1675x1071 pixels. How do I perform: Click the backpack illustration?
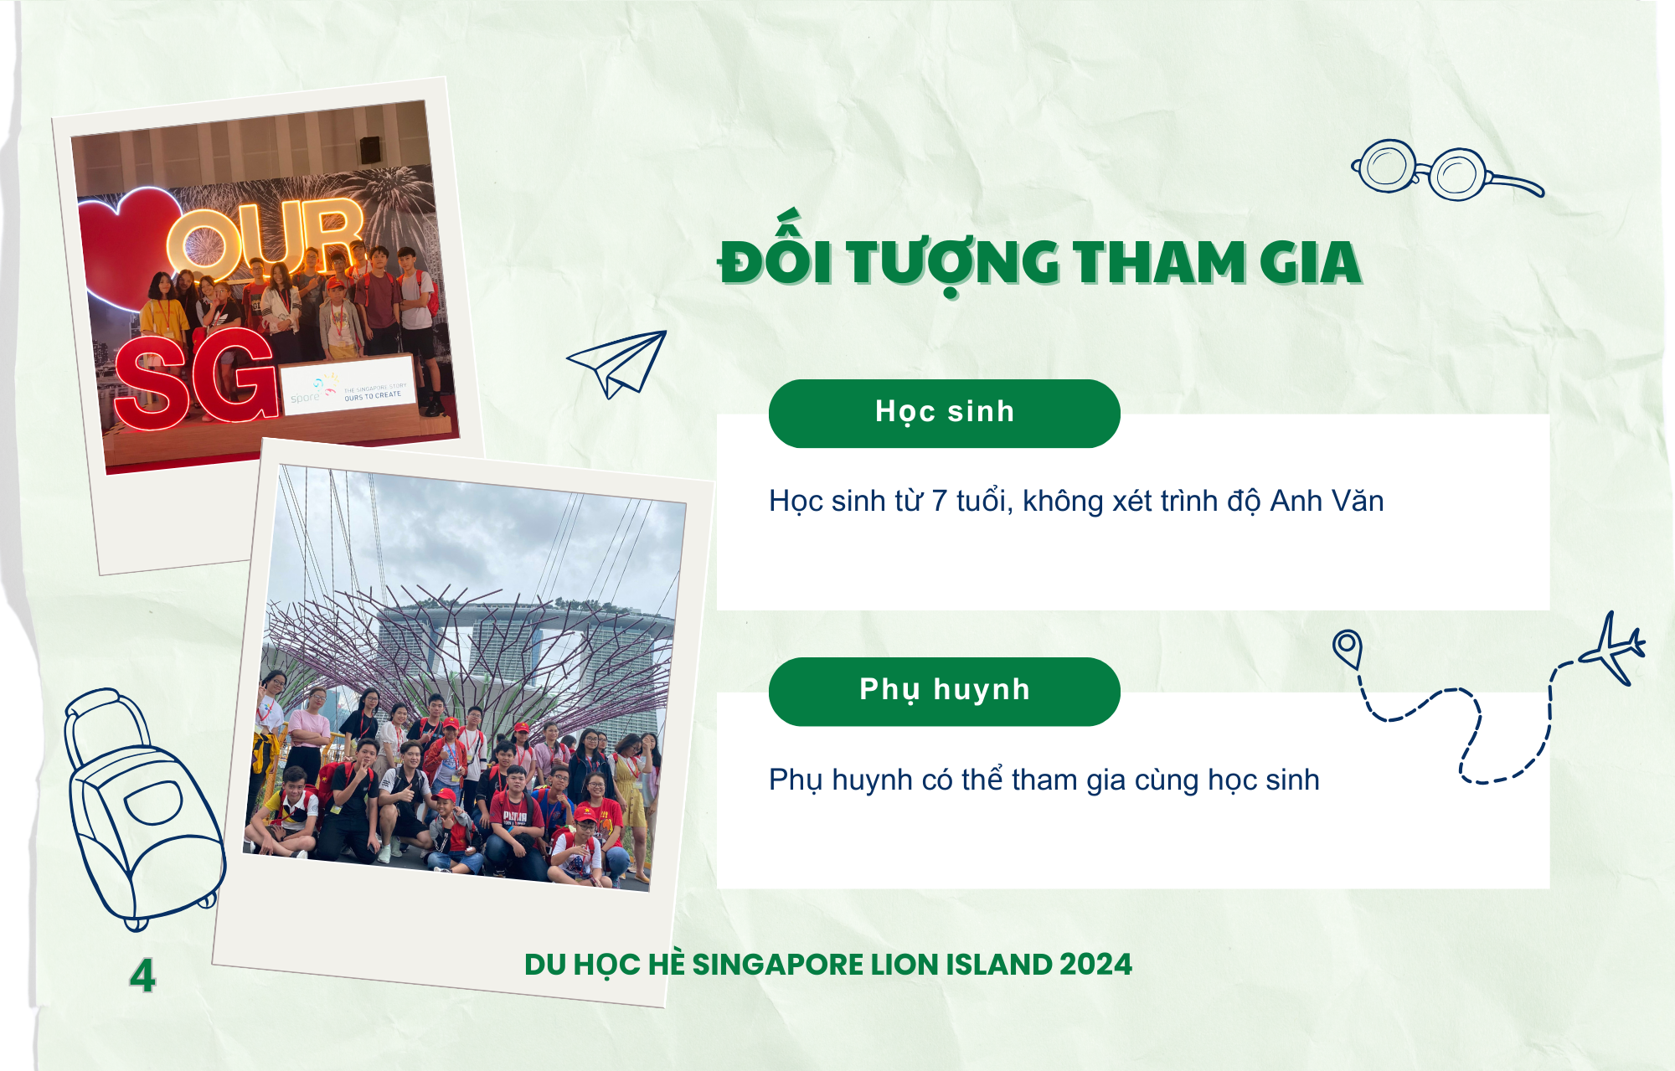[142, 809]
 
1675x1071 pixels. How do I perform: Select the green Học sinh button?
[945, 414]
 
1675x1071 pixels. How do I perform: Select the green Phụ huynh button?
[945, 692]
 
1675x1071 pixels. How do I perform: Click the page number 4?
[142, 976]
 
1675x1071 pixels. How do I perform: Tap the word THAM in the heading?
[1158, 263]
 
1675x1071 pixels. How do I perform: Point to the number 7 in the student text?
[939, 501]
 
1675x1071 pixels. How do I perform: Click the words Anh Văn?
[1327, 500]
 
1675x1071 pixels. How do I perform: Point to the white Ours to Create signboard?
[348, 386]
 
